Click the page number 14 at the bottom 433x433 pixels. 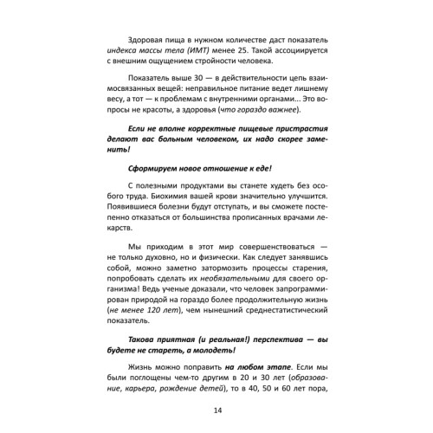(x=216, y=410)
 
